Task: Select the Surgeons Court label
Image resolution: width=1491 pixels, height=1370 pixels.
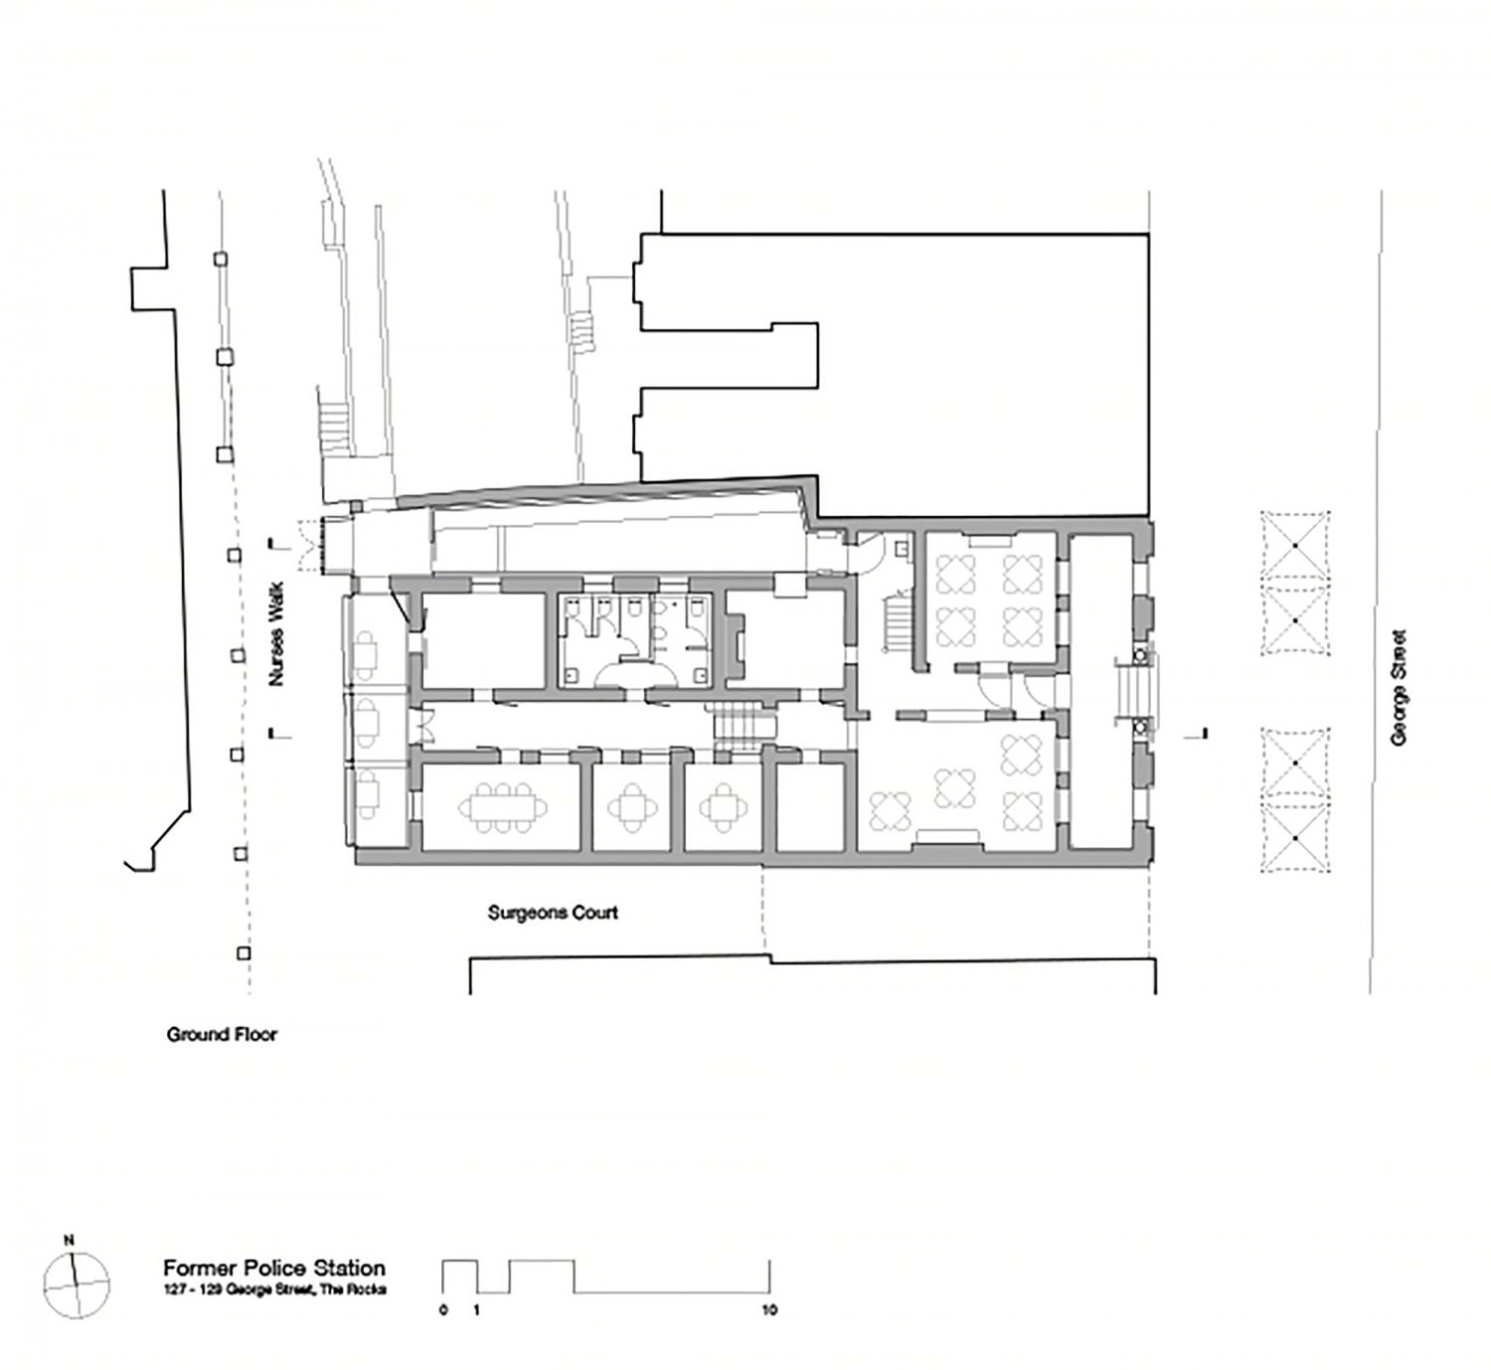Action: click(553, 913)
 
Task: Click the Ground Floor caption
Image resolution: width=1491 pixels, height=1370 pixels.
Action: click(222, 1035)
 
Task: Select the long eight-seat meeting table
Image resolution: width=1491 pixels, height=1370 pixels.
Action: click(503, 806)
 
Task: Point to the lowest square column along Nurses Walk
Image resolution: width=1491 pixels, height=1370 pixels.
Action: click(243, 953)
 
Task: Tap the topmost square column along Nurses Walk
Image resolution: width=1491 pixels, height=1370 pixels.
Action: click(220, 258)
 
